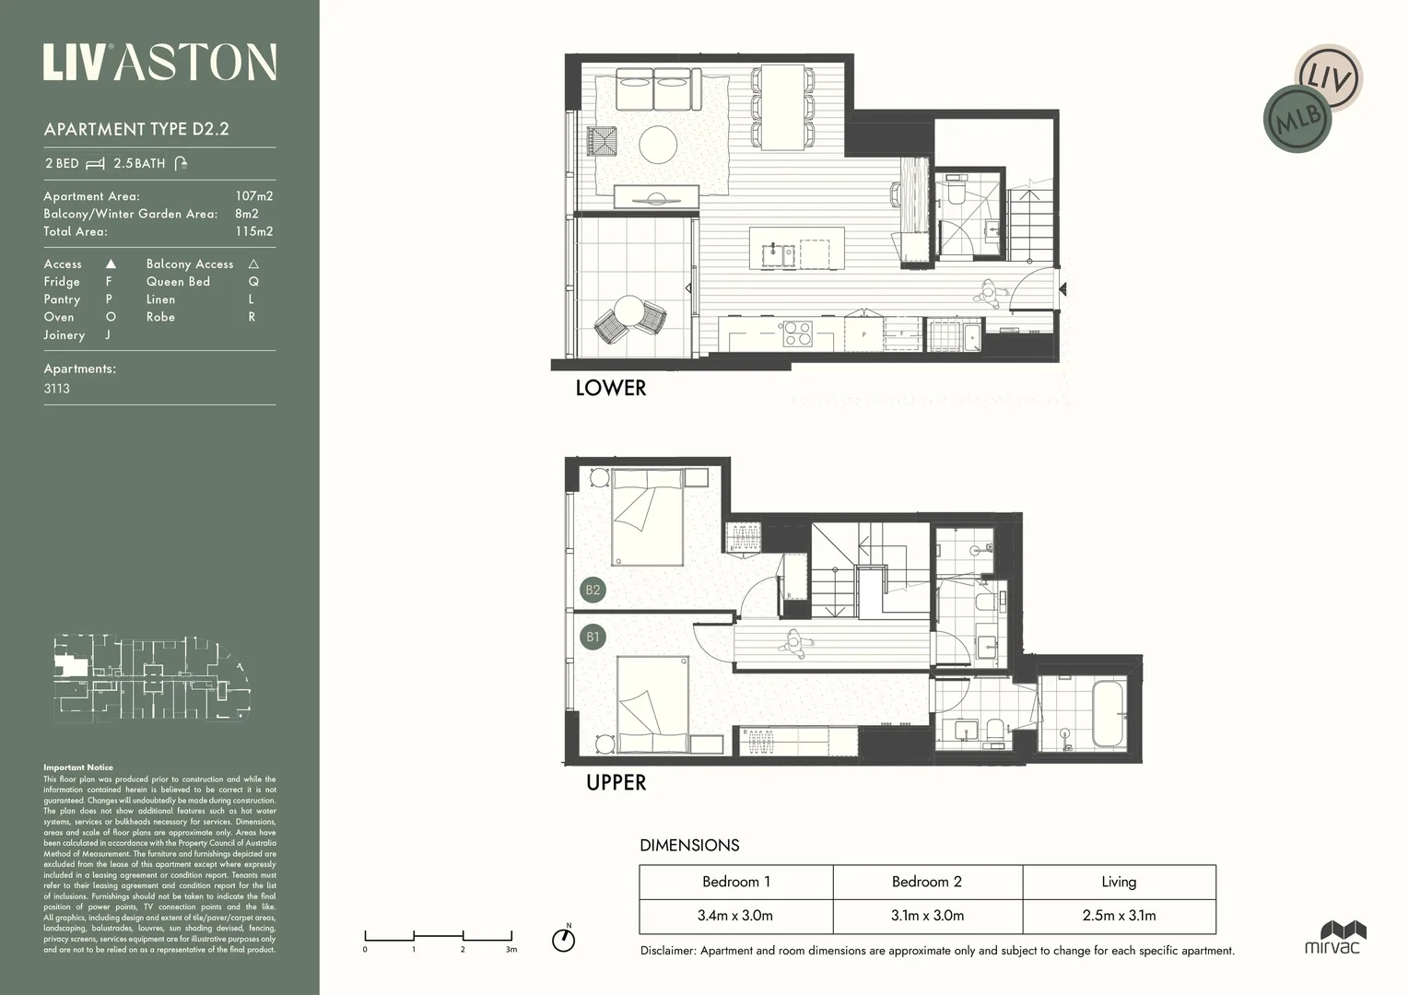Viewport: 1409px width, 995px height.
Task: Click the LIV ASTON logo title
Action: click(159, 62)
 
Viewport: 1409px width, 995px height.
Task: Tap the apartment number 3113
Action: click(57, 389)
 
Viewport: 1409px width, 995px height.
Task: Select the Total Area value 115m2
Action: click(253, 231)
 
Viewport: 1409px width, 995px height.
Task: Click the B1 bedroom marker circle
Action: click(593, 637)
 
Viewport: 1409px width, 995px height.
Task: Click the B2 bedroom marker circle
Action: click(593, 591)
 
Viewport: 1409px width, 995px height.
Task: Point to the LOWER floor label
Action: click(610, 388)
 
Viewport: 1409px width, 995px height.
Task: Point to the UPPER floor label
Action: click(616, 782)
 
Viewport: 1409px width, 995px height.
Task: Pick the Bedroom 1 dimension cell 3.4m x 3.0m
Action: click(735, 916)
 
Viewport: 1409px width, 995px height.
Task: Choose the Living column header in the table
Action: click(1118, 882)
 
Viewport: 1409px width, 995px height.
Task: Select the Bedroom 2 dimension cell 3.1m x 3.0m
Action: click(926, 916)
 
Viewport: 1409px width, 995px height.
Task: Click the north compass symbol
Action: click(563, 939)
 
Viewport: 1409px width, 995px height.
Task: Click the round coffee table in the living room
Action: click(658, 144)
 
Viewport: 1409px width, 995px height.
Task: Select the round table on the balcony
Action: click(629, 310)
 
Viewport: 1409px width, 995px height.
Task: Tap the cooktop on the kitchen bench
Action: click(796, 333)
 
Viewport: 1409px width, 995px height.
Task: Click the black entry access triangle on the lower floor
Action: click(1063, 289)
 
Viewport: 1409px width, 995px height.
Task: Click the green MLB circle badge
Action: click(1297, 119)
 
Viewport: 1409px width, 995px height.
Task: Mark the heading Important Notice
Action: click(78, 767)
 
